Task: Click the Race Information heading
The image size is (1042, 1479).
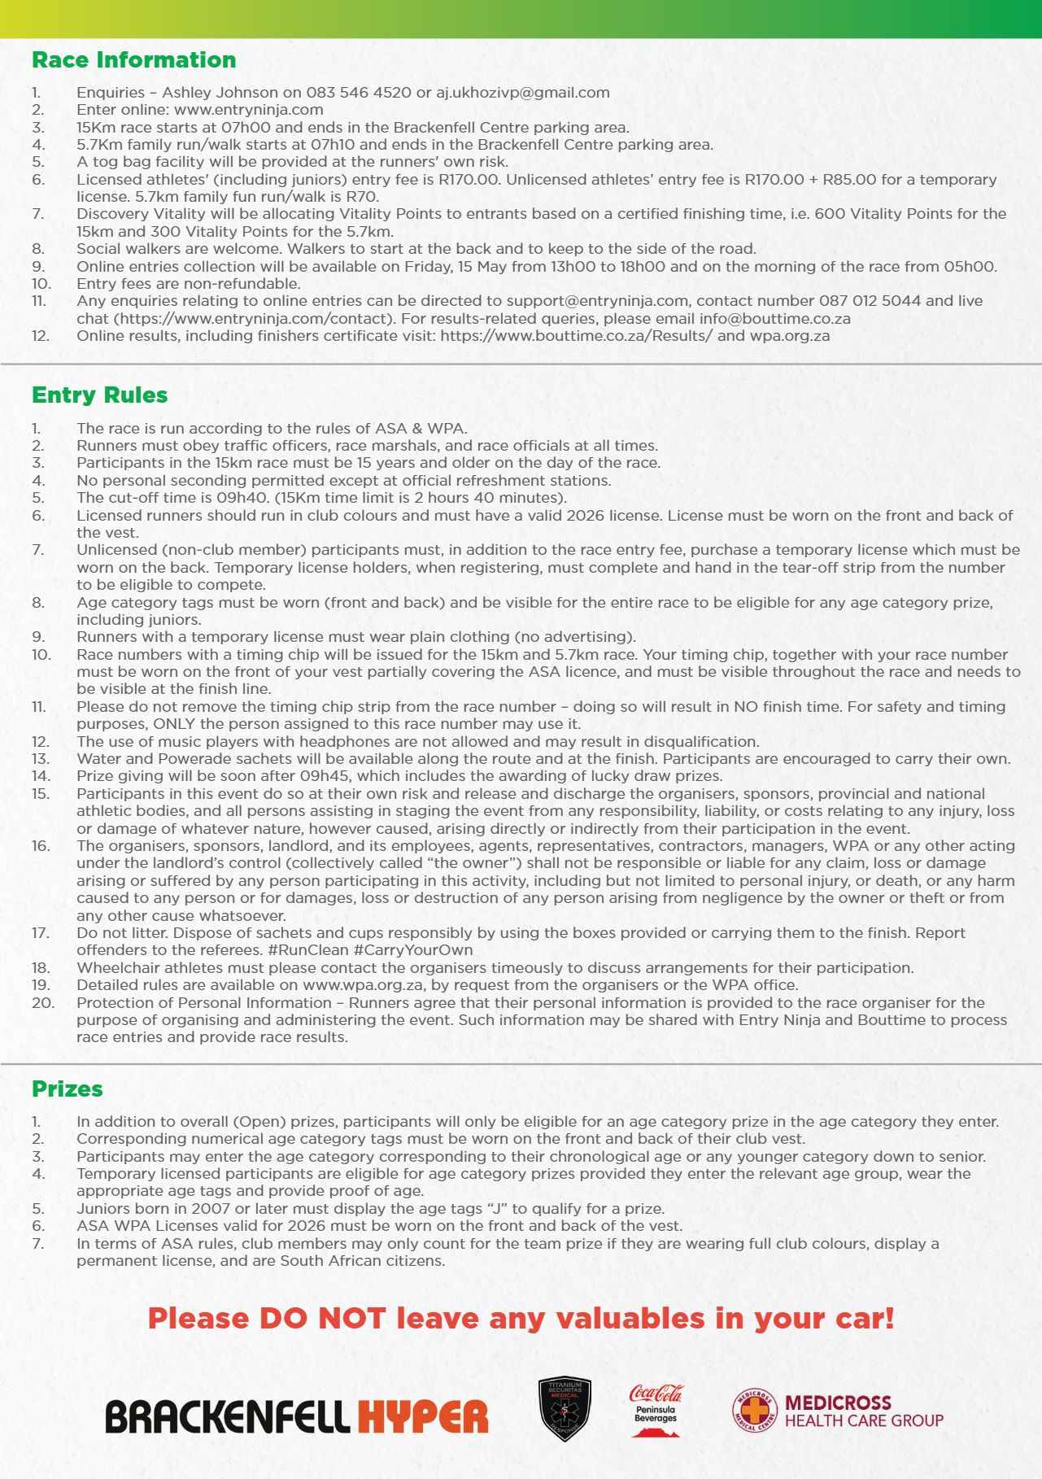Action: coord(133,60)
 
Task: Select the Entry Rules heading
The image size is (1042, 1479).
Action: coord(99,395)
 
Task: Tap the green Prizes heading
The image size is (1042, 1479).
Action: coord(67,1089)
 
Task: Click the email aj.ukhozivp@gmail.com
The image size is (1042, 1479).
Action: coord(522,93)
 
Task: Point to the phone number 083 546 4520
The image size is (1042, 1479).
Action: coord(359,93)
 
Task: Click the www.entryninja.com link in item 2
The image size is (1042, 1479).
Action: coord(248,110)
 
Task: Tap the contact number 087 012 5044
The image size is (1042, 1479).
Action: coord(870,301)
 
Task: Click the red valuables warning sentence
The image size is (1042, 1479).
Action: coord(521,1319)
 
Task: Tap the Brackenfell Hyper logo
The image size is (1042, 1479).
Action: coord(296,1416)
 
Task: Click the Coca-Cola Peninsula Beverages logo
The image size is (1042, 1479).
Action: coord(656,1410)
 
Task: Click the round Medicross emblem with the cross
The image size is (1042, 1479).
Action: coord(754,1411)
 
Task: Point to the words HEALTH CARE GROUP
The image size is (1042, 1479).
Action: coord(864,1421)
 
